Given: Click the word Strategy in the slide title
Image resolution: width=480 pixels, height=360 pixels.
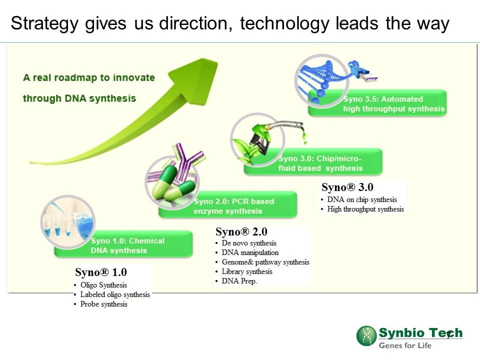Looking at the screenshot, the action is [x=44, y=23].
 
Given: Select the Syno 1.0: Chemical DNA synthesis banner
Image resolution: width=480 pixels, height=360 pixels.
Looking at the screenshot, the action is [x=123, y=244].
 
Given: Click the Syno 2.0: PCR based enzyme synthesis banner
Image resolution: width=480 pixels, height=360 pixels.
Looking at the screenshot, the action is [x=228, y=205].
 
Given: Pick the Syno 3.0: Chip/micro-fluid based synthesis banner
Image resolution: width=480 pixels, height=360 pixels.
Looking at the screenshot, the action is [x=313, y=162].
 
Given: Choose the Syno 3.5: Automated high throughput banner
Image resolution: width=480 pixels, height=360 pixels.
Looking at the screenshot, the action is [x=377, y=103].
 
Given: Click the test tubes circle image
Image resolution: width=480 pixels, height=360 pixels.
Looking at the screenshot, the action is [x=67, y=221].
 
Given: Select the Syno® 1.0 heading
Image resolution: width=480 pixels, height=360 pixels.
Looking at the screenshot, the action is [x=101, y=272].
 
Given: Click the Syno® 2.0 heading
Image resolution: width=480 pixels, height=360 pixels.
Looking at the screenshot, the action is [x=241, y=231].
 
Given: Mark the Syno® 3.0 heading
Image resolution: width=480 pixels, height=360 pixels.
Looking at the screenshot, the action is [x=347, y=187].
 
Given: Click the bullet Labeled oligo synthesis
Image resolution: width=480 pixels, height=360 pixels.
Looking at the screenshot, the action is [x=115, y=294].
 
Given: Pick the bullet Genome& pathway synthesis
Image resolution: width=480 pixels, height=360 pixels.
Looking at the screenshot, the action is [x=265, y=262].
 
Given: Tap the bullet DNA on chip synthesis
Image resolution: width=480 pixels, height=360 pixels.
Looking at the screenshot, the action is [x=362, y=199].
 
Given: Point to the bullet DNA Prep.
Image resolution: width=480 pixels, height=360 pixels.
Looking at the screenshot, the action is [x=239, y=281].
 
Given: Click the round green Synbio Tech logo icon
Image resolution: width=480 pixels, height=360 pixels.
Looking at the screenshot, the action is [x=366, y=336].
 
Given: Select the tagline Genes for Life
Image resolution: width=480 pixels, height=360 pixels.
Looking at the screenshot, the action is [x=405, y=345].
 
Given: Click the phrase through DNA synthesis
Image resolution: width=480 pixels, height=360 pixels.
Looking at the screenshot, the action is [x=79, y=98].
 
